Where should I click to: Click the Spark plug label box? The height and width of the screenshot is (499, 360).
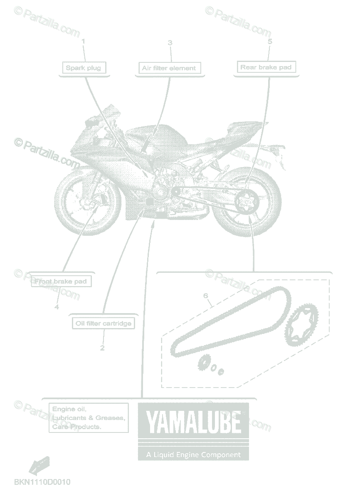[x=83, y=68]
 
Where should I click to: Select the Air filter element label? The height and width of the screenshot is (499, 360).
[x=169, y=68]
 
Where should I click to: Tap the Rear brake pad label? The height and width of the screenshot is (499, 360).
[x=266, y=67]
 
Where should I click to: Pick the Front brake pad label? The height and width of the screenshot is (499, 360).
[x=61, y=282]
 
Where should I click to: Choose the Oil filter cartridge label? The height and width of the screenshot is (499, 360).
[x=104, y=323]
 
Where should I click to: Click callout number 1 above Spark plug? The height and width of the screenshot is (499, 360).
[x=83, y=42]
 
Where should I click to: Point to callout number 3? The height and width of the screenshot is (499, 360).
[x=170, y=43]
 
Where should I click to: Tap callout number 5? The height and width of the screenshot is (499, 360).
[x=270, y=42]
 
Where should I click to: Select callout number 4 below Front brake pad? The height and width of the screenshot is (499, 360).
[x=57, y=307]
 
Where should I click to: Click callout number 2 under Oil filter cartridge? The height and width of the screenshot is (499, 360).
[x=102, y=348]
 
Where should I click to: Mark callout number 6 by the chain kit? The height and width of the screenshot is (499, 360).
[x=205, y=296]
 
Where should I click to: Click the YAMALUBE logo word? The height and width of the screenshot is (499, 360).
[x=193, y=422]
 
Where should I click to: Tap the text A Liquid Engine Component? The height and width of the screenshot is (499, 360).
[x=193, y=455]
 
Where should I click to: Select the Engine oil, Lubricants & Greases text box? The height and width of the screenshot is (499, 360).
[x=88, y=417]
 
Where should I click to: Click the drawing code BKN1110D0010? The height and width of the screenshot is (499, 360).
[x=42, y=482]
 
